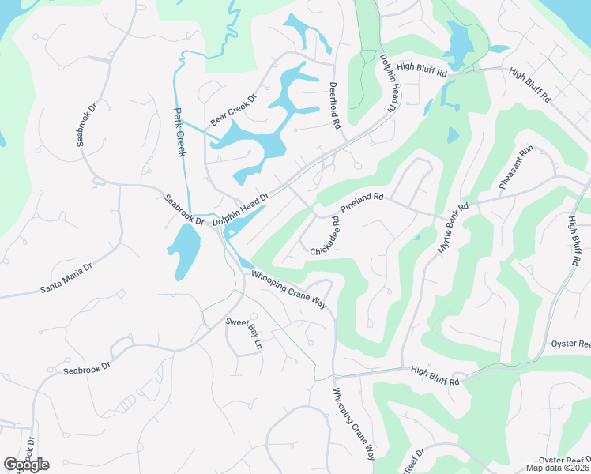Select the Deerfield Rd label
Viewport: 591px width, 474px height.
coord(335,104)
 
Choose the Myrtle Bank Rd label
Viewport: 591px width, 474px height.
coord(453,228)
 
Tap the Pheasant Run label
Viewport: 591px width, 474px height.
coord(518,167)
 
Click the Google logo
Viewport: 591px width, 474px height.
coord(26,465)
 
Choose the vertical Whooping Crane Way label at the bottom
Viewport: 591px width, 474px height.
coord(353,424)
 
